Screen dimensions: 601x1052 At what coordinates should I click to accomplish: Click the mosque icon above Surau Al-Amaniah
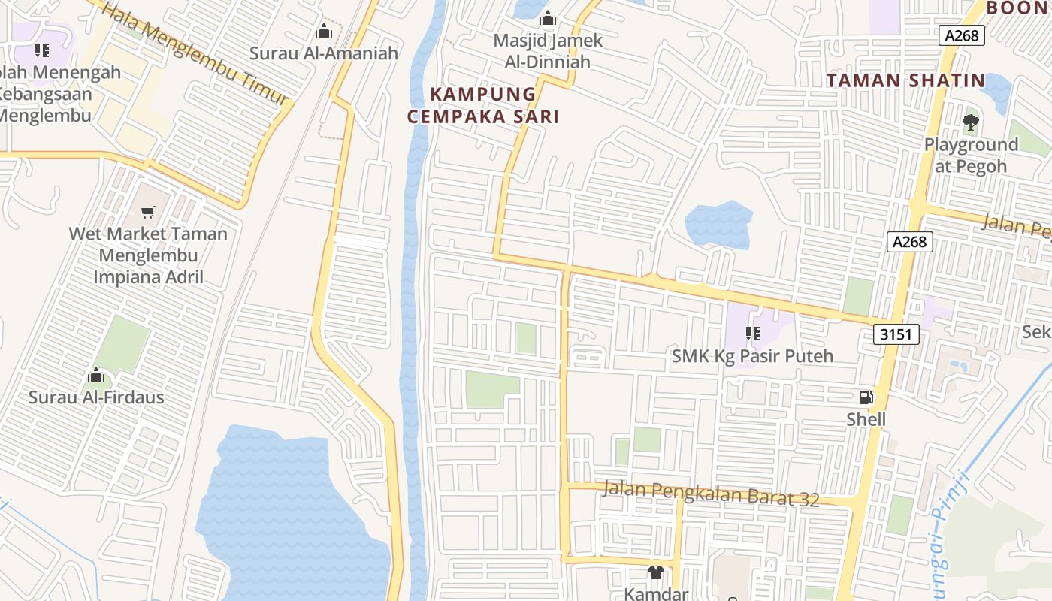point(324,31)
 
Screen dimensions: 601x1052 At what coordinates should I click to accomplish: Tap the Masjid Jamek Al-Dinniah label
point(548,51)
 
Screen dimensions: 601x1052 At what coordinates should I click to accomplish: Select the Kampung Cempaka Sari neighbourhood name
point(483,105)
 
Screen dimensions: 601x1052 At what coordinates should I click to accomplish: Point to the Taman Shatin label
point(905,80)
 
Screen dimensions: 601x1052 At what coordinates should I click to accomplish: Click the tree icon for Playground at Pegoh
point(970,122)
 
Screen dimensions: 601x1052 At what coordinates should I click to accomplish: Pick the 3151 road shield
point(897,334)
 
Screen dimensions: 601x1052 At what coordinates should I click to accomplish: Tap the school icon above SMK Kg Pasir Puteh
point(753,334)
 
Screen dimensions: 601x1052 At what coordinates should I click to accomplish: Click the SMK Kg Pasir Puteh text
point(753,356)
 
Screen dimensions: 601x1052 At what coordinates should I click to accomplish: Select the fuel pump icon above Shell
point(866,397)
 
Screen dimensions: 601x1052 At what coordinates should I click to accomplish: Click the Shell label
point(866,419)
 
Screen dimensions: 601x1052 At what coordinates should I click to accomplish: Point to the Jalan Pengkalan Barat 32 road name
point(712,494)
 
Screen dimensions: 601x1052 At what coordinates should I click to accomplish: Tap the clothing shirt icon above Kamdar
point(656,572)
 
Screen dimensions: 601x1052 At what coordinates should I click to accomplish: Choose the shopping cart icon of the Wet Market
point(148,212)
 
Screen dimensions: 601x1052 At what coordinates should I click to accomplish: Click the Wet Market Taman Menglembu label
point(148,255)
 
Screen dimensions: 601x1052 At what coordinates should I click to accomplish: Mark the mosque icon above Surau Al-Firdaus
point(96,376)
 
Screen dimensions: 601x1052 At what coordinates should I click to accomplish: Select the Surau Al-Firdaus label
point(96,397)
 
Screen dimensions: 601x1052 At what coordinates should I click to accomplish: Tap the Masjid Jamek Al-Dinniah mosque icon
point(548,18)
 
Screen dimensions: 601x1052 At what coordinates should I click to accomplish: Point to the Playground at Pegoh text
point(971,155)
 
